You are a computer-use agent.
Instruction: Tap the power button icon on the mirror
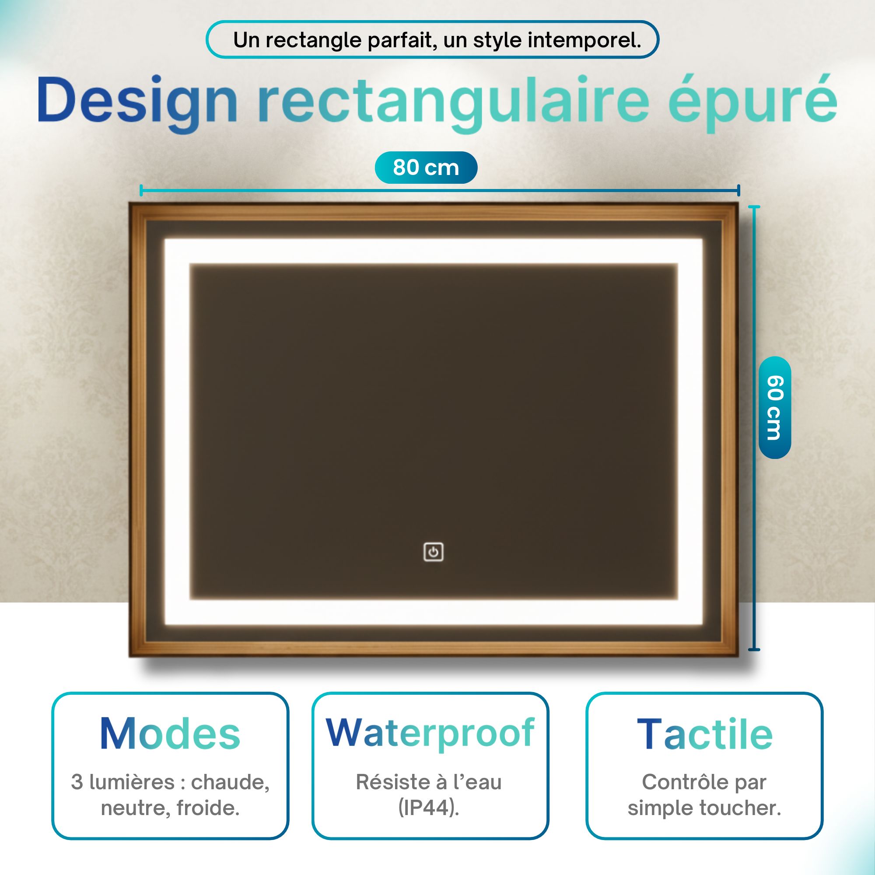click(433, 552)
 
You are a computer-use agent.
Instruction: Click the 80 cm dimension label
click(426, 168)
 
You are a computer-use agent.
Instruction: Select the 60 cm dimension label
click(774, 408)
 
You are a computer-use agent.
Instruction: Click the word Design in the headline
click(138, 101)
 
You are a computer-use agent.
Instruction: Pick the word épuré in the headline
click(752, 101)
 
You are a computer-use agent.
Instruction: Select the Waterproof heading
click(430, 733)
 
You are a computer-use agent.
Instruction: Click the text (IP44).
click(429, 808)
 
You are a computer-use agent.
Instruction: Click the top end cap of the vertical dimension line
click(754, 206)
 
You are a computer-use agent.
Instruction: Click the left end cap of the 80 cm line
click(141, 190)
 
